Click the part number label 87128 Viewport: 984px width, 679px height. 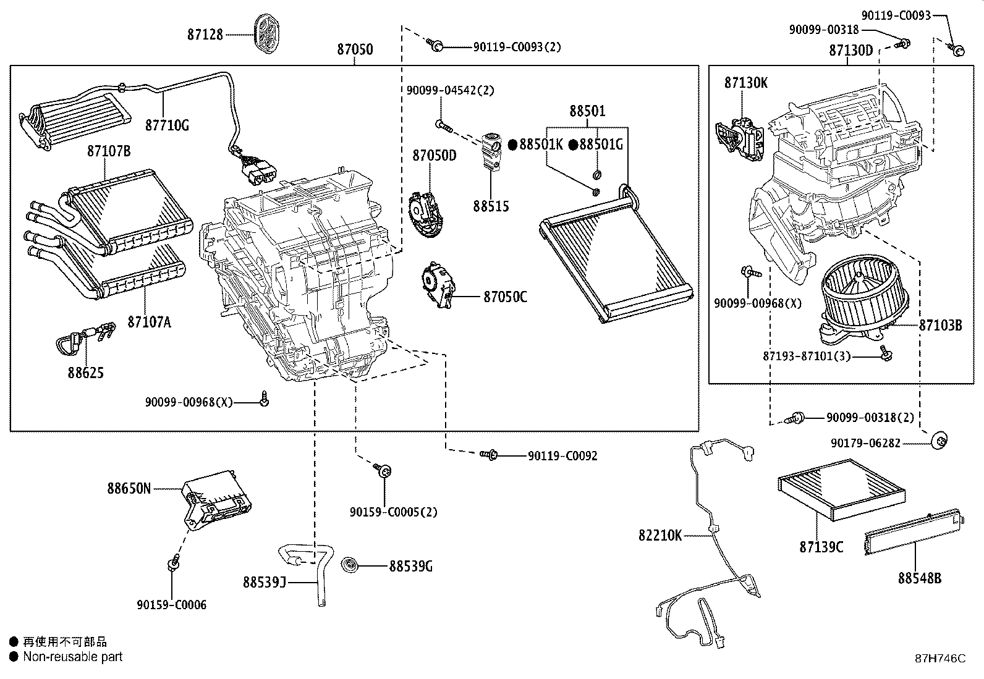[x=205, y=35]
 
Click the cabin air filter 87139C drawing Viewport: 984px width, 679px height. [x=841, y=491]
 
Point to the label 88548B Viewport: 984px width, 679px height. [x=920, y=578]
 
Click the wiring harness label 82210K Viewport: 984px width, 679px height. [x=660, y=536]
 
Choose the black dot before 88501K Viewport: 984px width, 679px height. [x=512, y=145]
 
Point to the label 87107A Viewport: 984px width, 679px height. [x=149, y=322]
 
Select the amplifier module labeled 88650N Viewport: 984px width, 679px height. [x=216, y=499]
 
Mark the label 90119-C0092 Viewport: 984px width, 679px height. [x=562, y=456]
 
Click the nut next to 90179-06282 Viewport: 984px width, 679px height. [x=939, y=441]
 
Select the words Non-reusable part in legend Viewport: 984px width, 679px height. [x=73, y=657]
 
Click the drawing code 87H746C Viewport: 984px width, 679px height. [x=939, y=658]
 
